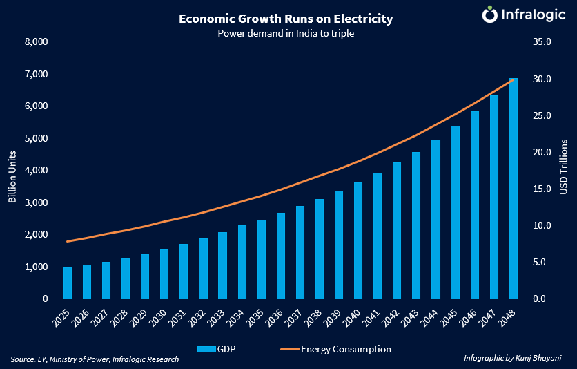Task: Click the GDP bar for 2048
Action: tap(513, 189)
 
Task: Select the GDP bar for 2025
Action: tap(68, 283)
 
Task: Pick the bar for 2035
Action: tap(262, 259)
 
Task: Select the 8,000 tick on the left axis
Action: tap(35, 42)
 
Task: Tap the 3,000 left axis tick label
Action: tap(35, 203)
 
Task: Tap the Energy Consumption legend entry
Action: tap(339, 349)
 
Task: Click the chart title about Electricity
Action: tap(285, 19)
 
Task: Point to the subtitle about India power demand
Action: tap(285, 33)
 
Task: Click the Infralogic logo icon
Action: tap(489, 15)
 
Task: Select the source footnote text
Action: tap(95, 359)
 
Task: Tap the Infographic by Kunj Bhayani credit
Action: tap(511, 359)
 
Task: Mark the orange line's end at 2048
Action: tap(514, 79)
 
